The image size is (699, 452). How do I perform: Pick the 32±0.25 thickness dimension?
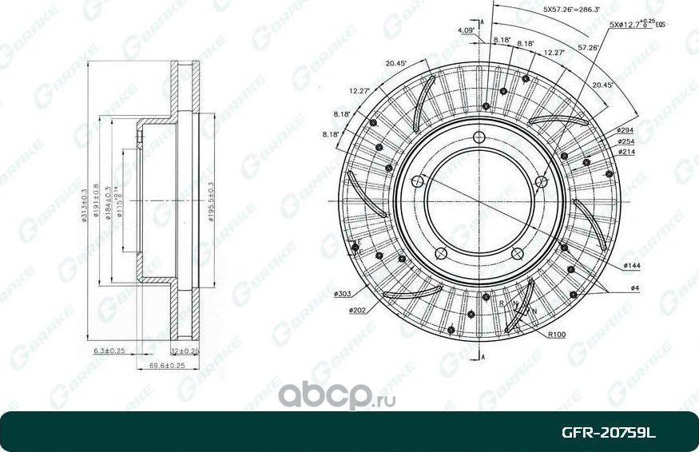tap(185, 351)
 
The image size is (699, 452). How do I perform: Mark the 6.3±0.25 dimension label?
tap(110, 351)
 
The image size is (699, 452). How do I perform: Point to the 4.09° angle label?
tap(467, 30)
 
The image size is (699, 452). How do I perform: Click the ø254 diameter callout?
tap(626, 141)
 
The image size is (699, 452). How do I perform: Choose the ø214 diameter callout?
tap(626, 152)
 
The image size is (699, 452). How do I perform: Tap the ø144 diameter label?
tap(632, 264)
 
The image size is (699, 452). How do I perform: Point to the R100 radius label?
tap(557, 335)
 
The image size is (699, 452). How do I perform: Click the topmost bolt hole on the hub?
tap(479, 135)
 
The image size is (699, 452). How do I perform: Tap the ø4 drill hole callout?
tap(634, 287)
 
